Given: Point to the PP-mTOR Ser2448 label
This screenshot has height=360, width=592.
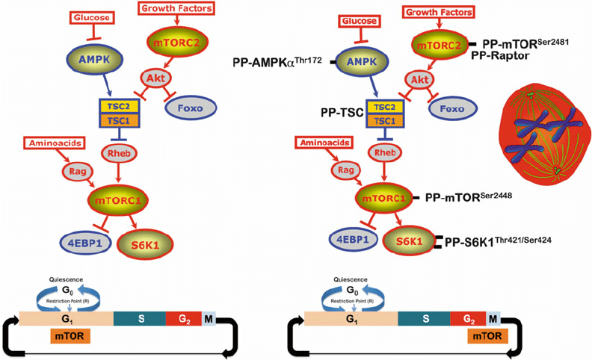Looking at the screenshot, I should pyautogui.click(x=469, y=198).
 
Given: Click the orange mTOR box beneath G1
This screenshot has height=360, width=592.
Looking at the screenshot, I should pyautogui.click(x=70, y=337).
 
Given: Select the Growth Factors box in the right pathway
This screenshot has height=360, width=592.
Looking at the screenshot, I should pyautogui.click(x=440, y=11).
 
